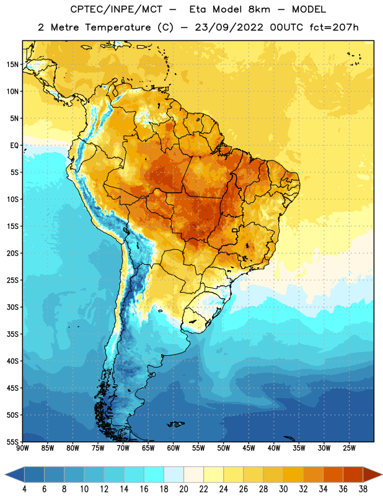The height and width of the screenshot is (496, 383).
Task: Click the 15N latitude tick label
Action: pyautogui.click(x=12, y=64)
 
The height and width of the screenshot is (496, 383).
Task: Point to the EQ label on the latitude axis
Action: pyautogui.click(x=14, y=146)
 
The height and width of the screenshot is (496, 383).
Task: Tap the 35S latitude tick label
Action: pyautogui.click(x=12, y=334)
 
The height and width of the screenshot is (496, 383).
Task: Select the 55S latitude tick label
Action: pyautogui.click(x=12, y=441)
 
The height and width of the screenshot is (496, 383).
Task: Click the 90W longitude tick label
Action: pyautogui.click(x=22, y=448)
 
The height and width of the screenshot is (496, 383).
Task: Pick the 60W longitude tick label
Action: pyautogui.click(x=174, y=448)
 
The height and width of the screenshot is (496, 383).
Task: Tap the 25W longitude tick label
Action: pyautogui.click(x=349, y=448)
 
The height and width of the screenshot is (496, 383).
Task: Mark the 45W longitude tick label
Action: pyautogui.click(x=249, y=448)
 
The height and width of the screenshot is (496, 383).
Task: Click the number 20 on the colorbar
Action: pyautogui.click(x=183, y=489)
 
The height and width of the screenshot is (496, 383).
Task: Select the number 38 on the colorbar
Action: pyautogui.click(x=363, y=489)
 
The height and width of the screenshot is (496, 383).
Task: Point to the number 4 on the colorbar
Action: pyautogui.click(x=24, y=489)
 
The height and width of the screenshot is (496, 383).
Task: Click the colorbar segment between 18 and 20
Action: pyautogui.click(x=174, y=474)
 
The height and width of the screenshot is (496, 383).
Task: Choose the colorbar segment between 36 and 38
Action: pyautogui.click(x=353, y=474)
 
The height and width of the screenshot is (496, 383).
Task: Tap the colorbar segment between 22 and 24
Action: pyautogui.click(x=213, y=474)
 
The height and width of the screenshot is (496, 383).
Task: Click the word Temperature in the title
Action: pyautogui.click(x=118, y=27)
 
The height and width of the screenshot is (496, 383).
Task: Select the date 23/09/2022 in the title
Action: pyautogui.click(x=229, y=27)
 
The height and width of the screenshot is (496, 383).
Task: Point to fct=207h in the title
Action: pyautogui.click(x=334, y=27)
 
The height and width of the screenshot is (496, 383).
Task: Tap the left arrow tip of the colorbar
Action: pyautogui.click(x=5, y=474)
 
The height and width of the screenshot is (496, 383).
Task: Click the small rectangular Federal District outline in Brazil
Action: pyautogui.click(x=235, y=230)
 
